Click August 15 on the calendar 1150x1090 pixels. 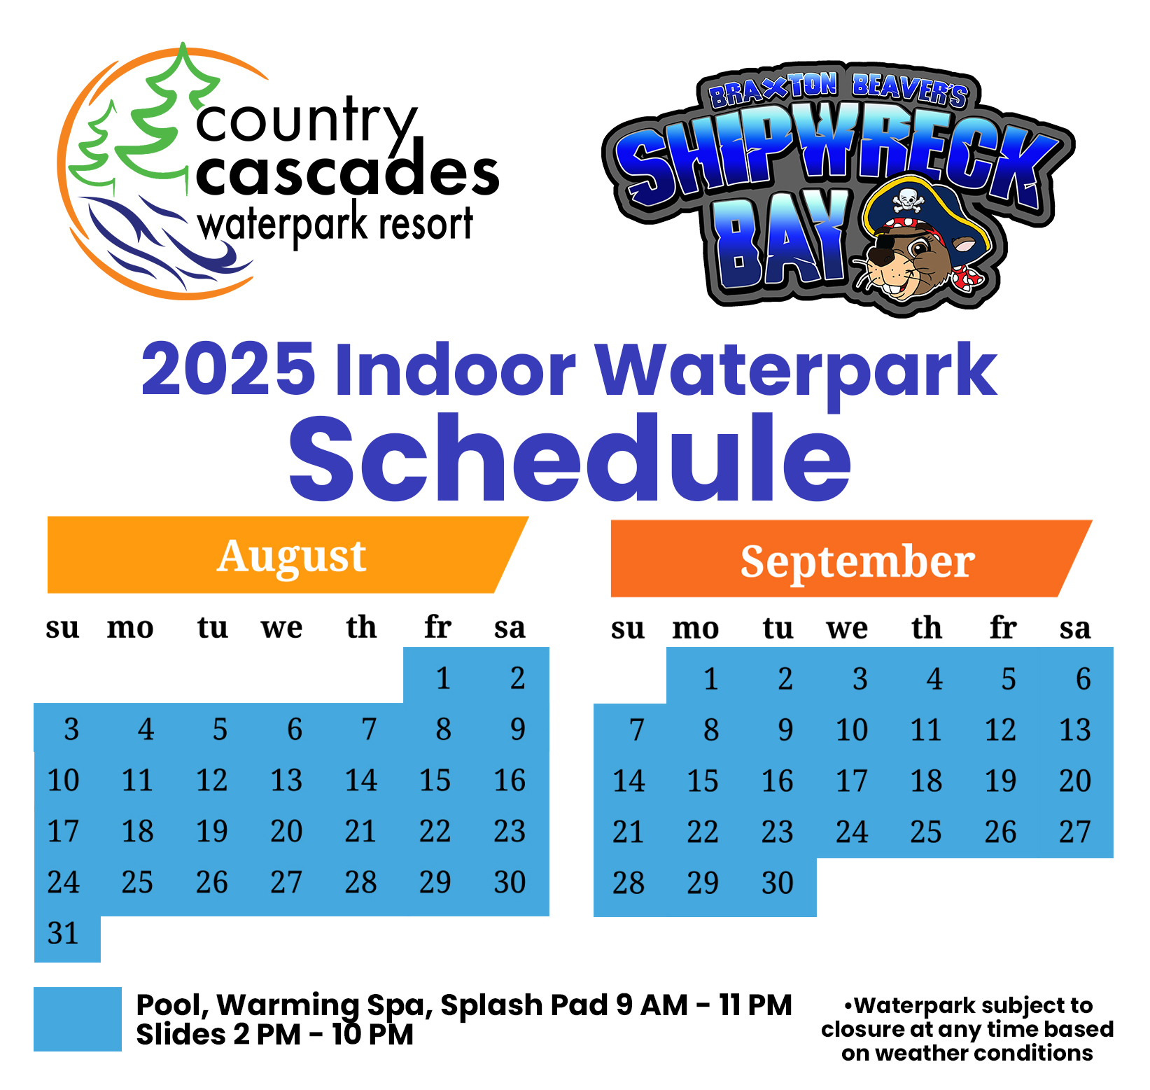tap(435, 780)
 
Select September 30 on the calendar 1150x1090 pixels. tap(777, 883)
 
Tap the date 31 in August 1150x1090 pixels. tap(63, 933)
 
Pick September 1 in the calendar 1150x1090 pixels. tap(710, 679)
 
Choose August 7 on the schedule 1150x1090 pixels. tap(369, 729)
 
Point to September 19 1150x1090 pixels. tap(1000, 781)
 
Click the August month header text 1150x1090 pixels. tap(291, 557)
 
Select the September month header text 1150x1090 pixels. tap(857, 561)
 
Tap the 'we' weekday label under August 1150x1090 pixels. tap(282, 627)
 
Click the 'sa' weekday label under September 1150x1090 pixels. tap(1075, 628)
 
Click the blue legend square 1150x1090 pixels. tap(78, 1019)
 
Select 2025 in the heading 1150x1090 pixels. tap(228, 369)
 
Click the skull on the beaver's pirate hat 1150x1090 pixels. tap(907, 201)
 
